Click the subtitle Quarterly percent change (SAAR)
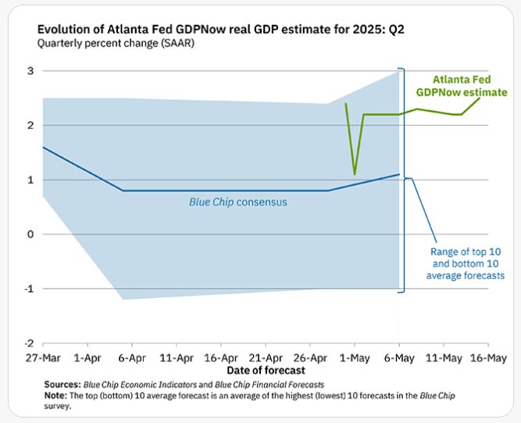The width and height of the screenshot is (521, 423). [116, 43]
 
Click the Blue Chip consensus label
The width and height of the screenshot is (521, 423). [238, 202]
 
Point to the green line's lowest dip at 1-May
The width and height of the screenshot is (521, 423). [355, 174]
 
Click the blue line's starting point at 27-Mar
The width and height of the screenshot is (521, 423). [44, 147]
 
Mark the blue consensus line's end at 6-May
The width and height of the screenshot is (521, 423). [399, 174]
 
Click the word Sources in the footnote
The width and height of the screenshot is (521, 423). [57, 385]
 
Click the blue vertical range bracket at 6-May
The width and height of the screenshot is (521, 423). [401, 181]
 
